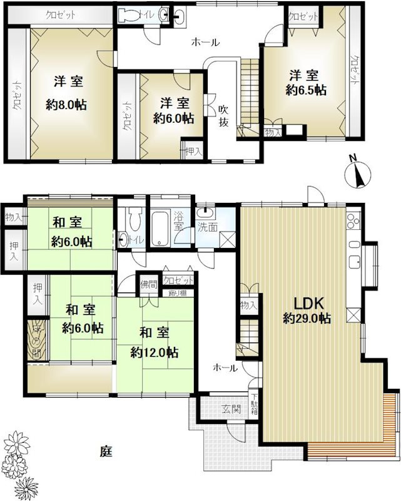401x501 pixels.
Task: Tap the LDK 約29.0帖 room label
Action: click(x=307, y=309)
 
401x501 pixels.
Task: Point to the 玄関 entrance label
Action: click(x=231, y=409)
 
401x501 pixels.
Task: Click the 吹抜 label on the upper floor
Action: click(x=223, y=115)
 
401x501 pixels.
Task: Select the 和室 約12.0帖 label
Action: click(x=153, y=342)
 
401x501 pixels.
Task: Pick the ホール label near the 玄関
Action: click(x=225, y=368)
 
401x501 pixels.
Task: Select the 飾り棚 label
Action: click(x=177, y=292)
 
